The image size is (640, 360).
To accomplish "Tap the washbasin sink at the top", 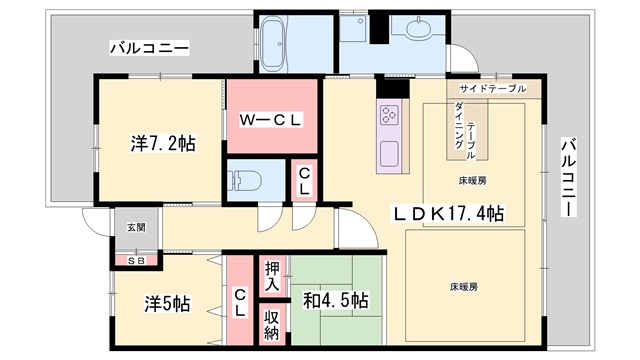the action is [418, 29].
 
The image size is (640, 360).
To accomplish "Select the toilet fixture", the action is [244, 180].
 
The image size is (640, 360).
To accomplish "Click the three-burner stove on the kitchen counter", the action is [389, 115].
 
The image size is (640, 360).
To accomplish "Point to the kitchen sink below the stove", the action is [389, 153].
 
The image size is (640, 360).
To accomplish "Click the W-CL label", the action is [270, 120].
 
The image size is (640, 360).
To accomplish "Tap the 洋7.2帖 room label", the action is [163, 143].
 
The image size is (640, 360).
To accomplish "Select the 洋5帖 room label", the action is [167, 304].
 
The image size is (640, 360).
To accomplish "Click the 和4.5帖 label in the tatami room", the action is [336, 301].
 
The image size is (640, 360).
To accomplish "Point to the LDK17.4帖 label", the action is [448, 213].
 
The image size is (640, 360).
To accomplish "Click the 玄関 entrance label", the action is [136, 227].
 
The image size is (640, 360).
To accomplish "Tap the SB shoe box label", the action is [136, 260].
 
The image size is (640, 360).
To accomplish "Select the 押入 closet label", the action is [272, 276].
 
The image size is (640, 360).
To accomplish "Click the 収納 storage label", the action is [271, 325].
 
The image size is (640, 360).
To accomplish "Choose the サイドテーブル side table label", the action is [493, 89].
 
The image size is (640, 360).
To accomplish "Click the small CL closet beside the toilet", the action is [304, 181].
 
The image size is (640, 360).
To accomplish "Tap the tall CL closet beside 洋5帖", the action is [240, 302].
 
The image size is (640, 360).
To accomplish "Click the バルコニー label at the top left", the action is [149, 48].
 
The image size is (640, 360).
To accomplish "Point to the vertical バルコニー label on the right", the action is [568, 178].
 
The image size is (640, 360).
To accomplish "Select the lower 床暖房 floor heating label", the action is [464, 287].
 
